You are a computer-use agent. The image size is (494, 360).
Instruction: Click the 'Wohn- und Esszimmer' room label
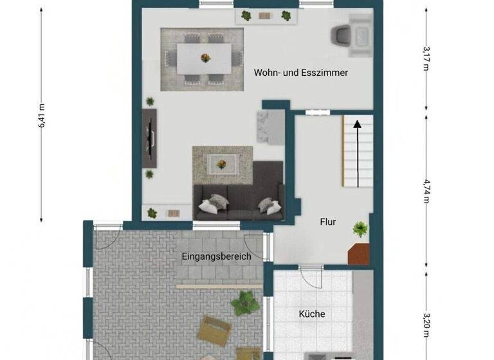pyautogui.click(x=300, y=73)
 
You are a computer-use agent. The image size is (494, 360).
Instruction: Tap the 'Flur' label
pyautogui.click(x=328, y=222)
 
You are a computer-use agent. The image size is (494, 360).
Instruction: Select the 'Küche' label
pyautogui.click(x=311, y=314)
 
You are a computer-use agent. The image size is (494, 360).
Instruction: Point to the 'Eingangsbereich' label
pyautogui.click(x=215, y=256)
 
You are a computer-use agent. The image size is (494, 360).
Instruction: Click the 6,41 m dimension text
pyautogui.click(x=42, y=116)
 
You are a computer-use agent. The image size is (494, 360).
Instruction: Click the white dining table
pyautogui.click(x=205, y=58)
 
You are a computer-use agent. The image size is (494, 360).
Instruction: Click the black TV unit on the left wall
pyautogui.click(x=149, y=136)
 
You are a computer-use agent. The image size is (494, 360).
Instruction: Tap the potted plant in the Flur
pyautogui.click(x=360, y=228)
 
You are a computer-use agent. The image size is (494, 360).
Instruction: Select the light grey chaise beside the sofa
pyautogui.click(x=270, y=127)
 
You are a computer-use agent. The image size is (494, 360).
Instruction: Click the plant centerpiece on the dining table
pyautogui.click(x=205, y=57)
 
